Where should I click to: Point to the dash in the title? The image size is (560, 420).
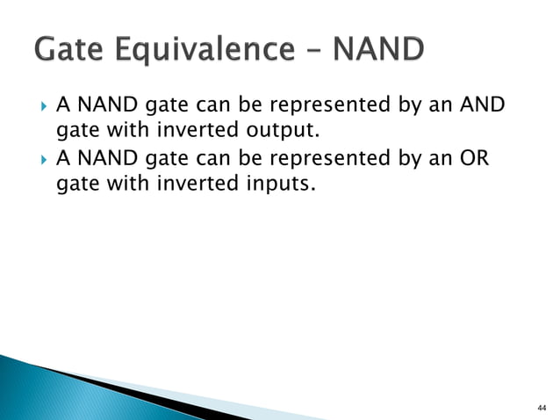tap(312, 52)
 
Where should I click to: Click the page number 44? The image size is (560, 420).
tap(540, 408)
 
